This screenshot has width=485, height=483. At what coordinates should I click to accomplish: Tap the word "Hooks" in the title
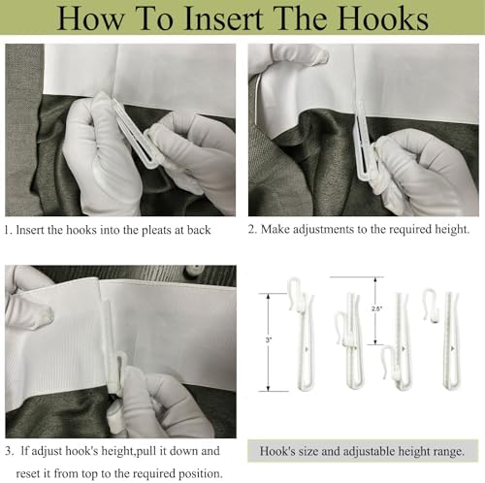[x=383, y=17]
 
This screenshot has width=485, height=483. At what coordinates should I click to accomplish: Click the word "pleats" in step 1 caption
[x=163, y=230]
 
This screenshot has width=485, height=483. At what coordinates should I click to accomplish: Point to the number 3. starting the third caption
[x=10, y=451]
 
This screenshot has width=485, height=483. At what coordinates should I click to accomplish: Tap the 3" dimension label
[x=269, y=339]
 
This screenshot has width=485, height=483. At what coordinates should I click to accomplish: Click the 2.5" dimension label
[x=377, y=308]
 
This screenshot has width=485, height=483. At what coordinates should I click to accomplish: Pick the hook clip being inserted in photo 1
[x=135, y=133]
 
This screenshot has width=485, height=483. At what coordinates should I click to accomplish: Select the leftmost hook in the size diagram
[x=303, y=333]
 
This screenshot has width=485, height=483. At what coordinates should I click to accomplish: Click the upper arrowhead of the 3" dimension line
[x=268, y=297]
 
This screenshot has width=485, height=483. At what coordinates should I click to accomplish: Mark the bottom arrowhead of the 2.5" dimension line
[x=375, y=341]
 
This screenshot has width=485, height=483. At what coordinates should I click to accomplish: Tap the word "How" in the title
[x=90, y=18]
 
